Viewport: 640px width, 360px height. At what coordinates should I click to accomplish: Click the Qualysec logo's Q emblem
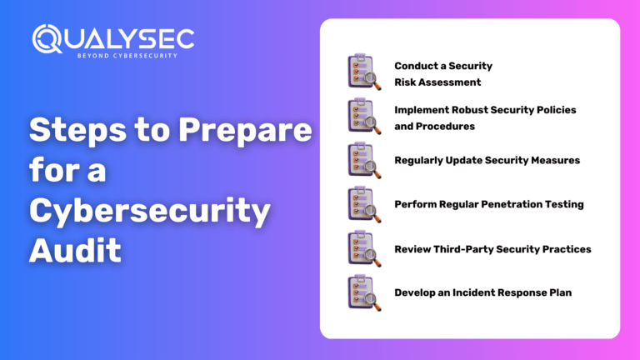tap(47, 39)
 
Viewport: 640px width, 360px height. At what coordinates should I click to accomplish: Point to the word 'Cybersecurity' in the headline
tap(150, 211)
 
